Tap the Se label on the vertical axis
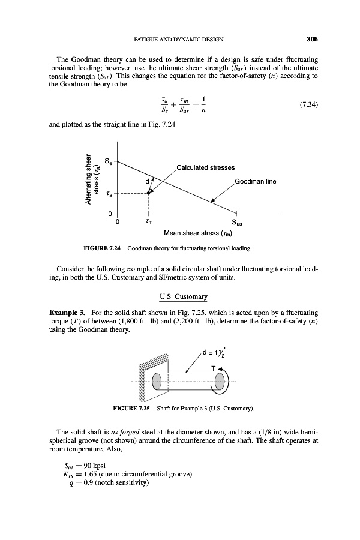108,161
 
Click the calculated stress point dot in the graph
148,193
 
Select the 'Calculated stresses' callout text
205,167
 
